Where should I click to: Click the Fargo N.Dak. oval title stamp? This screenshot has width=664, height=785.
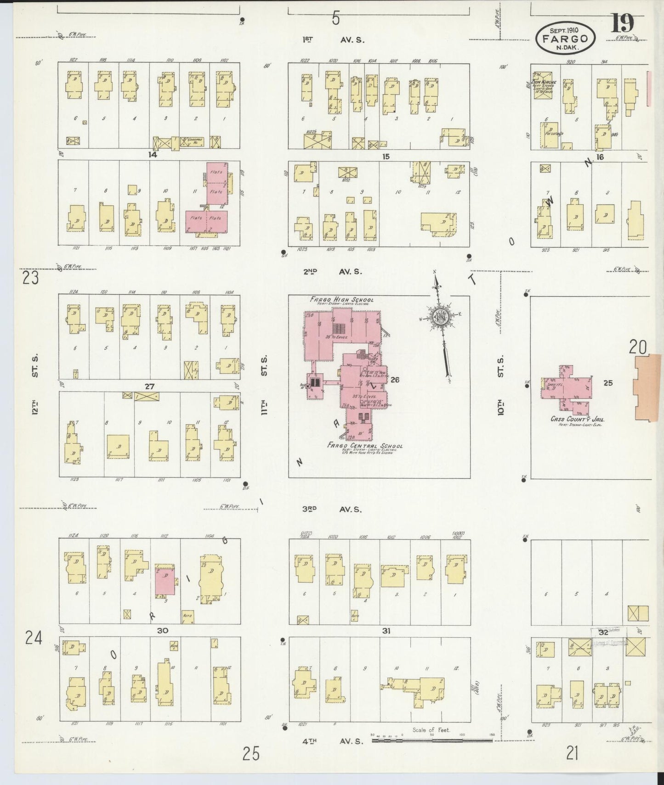pos(565,38)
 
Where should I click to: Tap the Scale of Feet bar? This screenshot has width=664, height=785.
pos(431,740)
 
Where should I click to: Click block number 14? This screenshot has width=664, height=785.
pos(153,155)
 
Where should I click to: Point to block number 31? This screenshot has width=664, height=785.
pos(386,631)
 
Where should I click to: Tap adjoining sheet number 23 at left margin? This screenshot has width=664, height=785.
pos(30,278)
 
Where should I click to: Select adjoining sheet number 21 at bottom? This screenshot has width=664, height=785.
pos(572,753)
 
